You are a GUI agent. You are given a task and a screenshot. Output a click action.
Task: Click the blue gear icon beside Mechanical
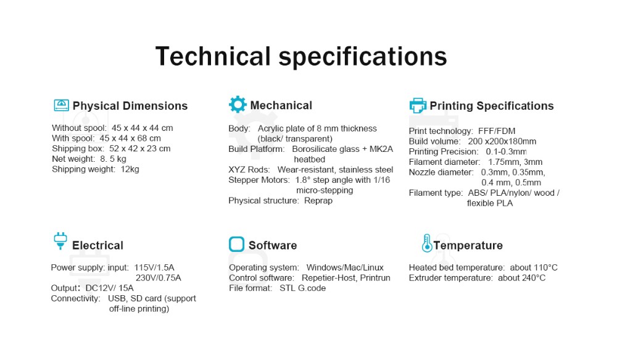tap(238, 104)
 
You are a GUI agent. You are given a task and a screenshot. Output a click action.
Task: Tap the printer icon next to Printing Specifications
tap(418, 105)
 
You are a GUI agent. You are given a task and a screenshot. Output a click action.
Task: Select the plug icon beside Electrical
tap(60, 241)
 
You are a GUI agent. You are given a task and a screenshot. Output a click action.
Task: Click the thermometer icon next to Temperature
tap(426, 243)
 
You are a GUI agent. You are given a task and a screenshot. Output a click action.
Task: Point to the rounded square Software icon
tap(236, 244)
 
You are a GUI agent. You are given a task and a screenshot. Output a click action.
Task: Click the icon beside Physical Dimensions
tap(61, 105)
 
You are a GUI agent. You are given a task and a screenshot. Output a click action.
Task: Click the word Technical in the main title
tap(213, 56)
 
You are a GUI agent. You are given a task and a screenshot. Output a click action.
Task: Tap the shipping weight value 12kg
tap(130, 169)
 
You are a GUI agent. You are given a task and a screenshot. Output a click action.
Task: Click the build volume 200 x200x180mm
tap(502, 141)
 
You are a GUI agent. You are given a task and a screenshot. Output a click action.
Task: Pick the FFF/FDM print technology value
tap(497, 131)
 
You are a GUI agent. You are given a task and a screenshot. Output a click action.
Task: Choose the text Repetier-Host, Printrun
tap(346, 278)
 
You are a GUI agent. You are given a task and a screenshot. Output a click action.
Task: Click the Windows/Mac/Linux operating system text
tap(345, 267)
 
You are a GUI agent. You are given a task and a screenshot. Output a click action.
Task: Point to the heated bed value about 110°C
tap(534, 267)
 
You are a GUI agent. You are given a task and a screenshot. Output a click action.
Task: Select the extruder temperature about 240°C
tap(522, 278)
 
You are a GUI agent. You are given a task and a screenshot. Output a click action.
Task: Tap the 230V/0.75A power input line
tap(158, 278)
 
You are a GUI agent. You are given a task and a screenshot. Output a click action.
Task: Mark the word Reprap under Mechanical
tap(318, 201)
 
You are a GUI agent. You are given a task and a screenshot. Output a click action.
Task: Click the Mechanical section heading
tap(281, 105)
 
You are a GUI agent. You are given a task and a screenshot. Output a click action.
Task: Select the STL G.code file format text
tap(302, 288)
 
